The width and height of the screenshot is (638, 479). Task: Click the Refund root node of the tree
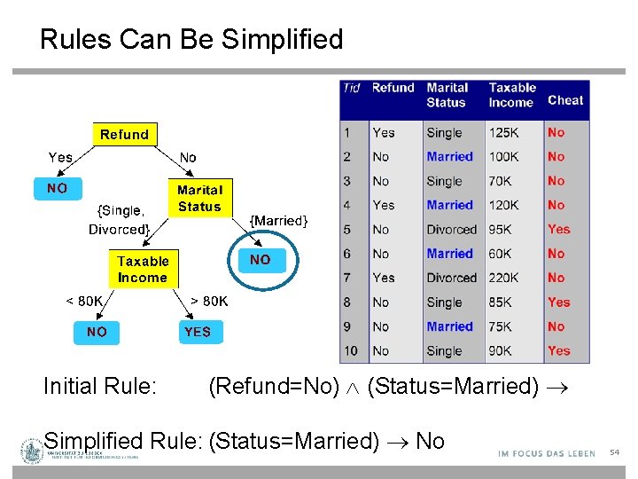(124, 135)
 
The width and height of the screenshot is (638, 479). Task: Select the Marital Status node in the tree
(199, 198)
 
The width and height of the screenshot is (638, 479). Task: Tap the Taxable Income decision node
(143, 269)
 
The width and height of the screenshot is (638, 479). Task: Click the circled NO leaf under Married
(260, 260)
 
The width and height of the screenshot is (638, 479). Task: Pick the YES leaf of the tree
(198, 332)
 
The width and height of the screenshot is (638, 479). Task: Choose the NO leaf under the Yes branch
(57, 188)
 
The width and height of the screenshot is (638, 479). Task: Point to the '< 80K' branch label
(84, 301)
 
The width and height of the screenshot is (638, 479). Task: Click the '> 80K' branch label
(209, 301)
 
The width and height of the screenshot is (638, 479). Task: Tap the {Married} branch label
(279, 220)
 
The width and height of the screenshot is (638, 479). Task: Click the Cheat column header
(565, 100)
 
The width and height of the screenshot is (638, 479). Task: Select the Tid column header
(352, 88)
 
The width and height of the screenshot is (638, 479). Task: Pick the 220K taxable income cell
(505, 278)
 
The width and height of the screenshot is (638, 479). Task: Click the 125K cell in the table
(505, 132)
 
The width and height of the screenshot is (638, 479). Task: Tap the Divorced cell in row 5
(451, 229)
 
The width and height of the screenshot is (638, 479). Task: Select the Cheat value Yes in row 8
(558, 302)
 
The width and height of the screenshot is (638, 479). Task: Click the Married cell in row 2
(449, 156)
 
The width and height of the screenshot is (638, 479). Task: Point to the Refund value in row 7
(383, 278)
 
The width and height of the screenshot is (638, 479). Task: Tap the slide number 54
(614, 453)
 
